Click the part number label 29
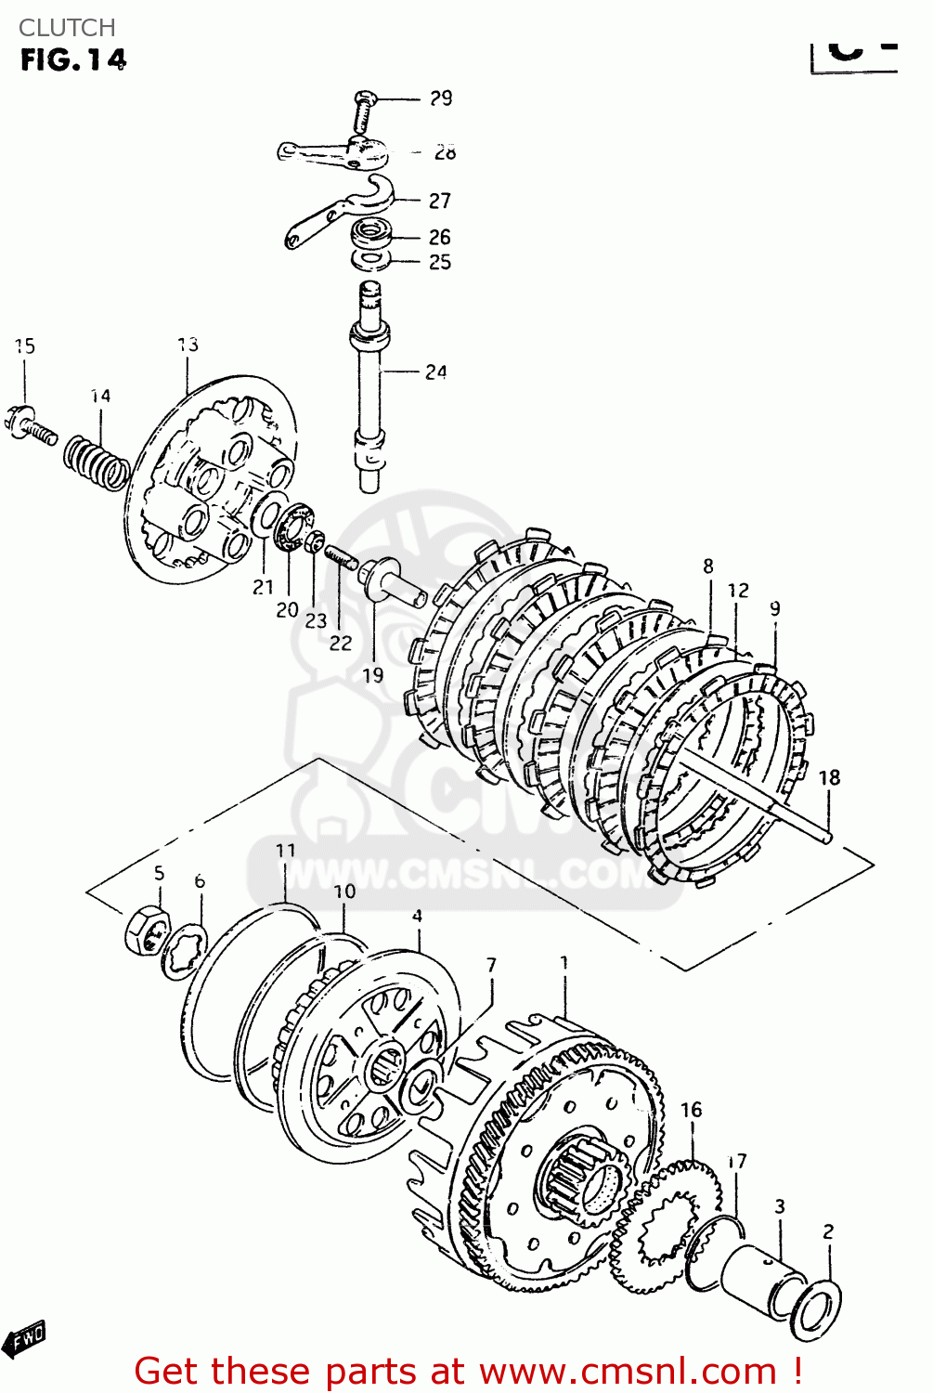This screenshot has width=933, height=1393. point(440,98)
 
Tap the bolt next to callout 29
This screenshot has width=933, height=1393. point(364,111)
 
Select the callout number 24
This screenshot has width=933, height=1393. point(435,372)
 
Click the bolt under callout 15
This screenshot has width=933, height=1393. point(30,425)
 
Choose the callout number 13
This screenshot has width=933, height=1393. point(188,345)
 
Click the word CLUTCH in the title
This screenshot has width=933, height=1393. point(67,28)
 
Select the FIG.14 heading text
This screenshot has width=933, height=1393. point(72,60)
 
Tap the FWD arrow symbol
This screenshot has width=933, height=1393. point(24,1339)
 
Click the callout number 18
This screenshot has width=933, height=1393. point(828,777)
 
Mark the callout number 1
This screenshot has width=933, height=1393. point(564,963)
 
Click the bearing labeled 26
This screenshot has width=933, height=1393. point(373,232)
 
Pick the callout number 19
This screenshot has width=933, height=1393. point(372,675)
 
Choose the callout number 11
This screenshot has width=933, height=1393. point(285,850)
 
